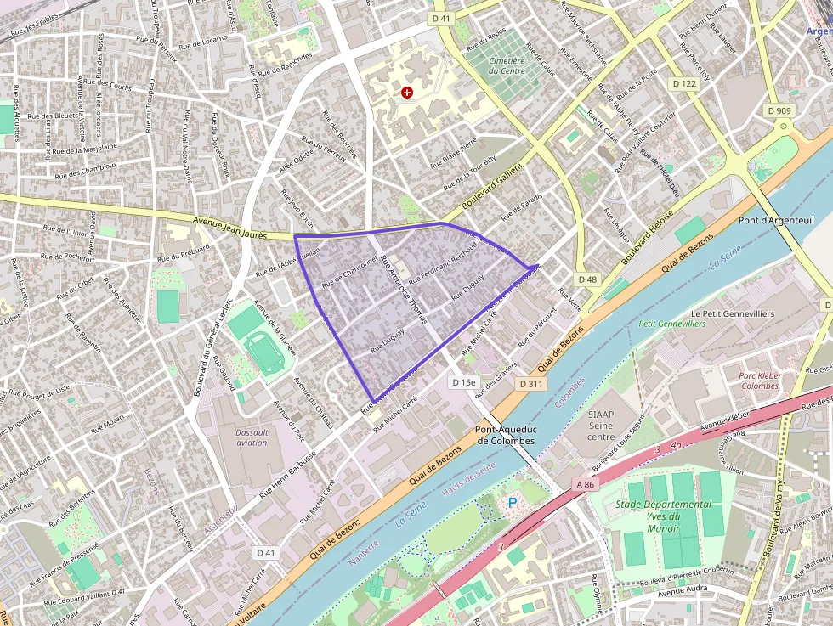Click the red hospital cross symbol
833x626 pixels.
point(407,92)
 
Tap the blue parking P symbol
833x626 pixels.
point(512,503)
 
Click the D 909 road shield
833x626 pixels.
point(779,110)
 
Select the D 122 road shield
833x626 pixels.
point(683,83)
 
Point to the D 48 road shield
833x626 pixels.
point(587,279)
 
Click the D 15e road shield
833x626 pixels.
point(464,382)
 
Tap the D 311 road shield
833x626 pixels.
point(530,385)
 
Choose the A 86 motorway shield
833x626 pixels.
point(585,484)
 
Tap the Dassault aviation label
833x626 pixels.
point(252,437)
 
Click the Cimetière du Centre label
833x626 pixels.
point(507,66)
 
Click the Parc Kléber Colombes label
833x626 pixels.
point(759,381)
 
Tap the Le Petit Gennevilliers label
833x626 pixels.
point(732,313)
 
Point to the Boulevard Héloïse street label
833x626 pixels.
point(647,239)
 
